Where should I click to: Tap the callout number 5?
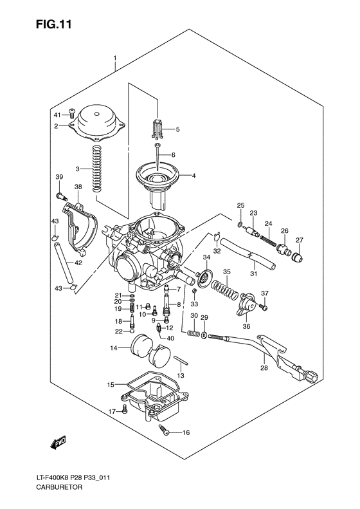177,129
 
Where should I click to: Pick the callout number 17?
111,411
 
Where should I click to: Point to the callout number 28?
264,368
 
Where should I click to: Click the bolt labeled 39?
62,194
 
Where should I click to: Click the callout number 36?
246,326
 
